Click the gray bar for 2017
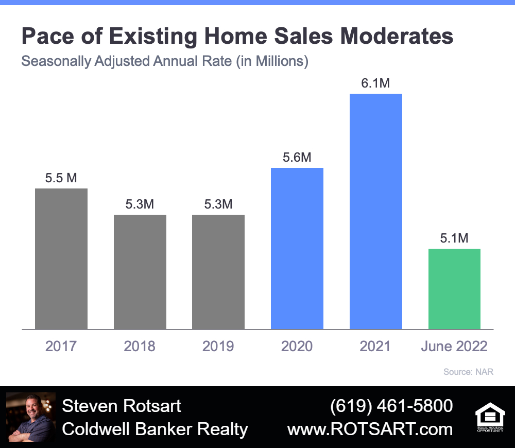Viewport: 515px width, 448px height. point(61,259)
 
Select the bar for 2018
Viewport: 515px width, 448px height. point(140,272)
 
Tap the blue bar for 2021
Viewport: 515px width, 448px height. point(376,212)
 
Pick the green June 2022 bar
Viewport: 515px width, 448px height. point(454,289)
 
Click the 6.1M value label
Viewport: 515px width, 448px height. point(375,83)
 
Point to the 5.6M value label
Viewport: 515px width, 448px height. point(297,158)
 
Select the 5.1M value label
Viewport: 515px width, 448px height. point(454,238)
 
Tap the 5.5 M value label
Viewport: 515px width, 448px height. point(61,178)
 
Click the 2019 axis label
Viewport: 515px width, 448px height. point(218,346)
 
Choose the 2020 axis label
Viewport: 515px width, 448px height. point(297,346)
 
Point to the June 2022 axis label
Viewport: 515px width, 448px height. point(454,346)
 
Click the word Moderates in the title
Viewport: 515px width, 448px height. point(397,36)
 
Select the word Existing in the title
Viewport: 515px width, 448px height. point(153,37)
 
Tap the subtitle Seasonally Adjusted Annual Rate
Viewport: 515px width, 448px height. point(126,61)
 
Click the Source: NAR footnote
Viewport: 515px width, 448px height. point(468,372)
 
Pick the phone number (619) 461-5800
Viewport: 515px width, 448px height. point(391,406)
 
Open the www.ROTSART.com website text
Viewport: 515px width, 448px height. point(370,429)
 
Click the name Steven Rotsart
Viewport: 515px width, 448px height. point(122,406)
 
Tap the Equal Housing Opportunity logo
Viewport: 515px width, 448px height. point(490,417)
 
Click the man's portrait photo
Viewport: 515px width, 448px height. point(31,417)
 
